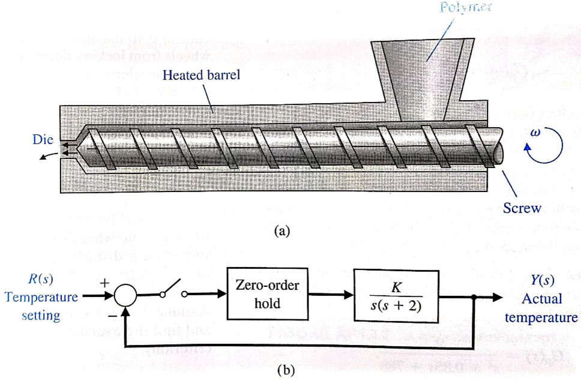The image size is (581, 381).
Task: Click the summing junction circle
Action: tap(125, 295)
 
